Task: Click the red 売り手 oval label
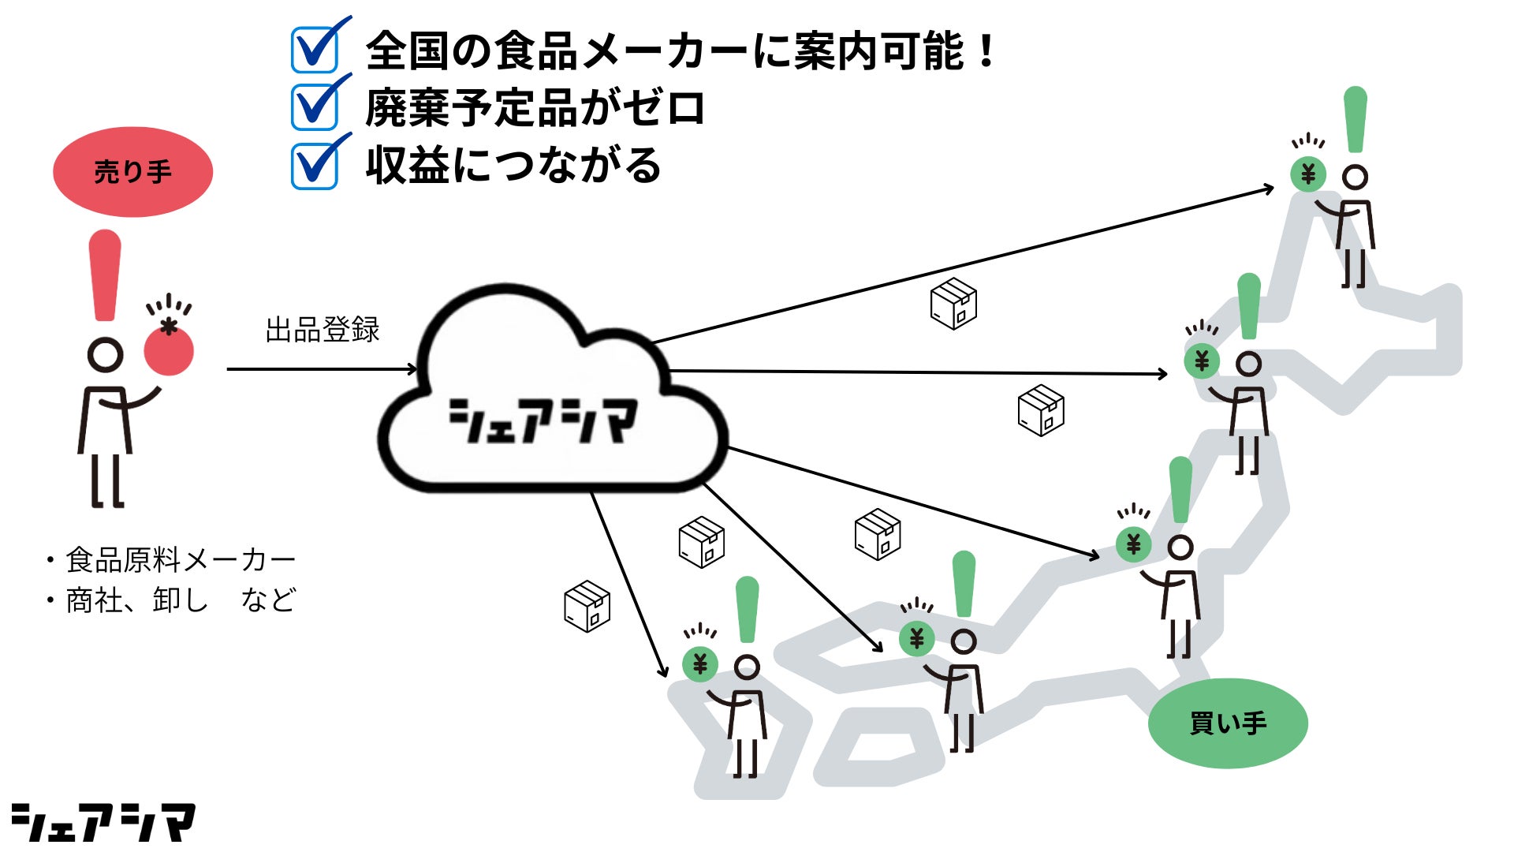pos(132,172)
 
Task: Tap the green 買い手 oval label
pos(1227,723)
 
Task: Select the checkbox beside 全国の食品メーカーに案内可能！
pos(315,50)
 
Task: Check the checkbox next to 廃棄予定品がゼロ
pos(315,107)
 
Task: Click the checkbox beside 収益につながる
pos(315,166)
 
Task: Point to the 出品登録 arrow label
pos(323,330)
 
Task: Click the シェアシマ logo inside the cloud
pos(543,420)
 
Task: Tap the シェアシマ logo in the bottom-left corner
pos(103,823)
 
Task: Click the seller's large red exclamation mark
pos(105,275)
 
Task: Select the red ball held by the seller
pos(169,351)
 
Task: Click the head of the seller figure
pos(105,355)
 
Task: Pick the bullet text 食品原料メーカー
pos(180,560)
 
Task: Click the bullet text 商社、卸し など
pos(180,600)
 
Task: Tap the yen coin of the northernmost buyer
pos(1308,174)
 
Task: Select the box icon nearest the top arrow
pos(953,304)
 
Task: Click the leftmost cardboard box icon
pos(587,606)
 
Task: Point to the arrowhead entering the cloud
pos(412,368)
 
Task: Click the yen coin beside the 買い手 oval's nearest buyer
pos(1133,544)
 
